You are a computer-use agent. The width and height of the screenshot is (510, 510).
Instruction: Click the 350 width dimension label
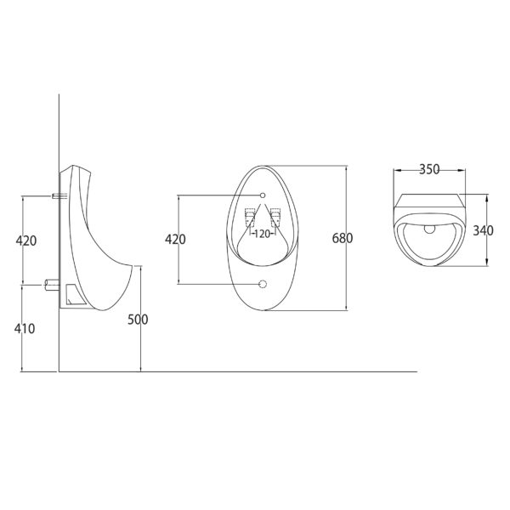[x=429, y=169]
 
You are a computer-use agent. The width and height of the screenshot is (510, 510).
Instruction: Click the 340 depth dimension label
[x=483, y=230]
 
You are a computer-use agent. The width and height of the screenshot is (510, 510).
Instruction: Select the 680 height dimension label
[x=343, y=238]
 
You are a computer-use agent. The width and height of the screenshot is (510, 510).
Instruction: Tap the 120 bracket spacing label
[x=263, y=234]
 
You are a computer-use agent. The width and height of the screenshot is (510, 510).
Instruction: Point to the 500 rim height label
[x=138, y=320]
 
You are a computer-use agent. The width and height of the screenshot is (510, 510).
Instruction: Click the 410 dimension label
[x=25, y=329]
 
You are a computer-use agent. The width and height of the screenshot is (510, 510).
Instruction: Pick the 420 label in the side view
[x=26, y=241]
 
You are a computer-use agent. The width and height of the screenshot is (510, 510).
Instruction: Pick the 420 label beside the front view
[x=175, y=240]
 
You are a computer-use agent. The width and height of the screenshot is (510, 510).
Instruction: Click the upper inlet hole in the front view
[x=263, y=195]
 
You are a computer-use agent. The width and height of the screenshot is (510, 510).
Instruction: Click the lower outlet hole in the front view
[x=263, y=284]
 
